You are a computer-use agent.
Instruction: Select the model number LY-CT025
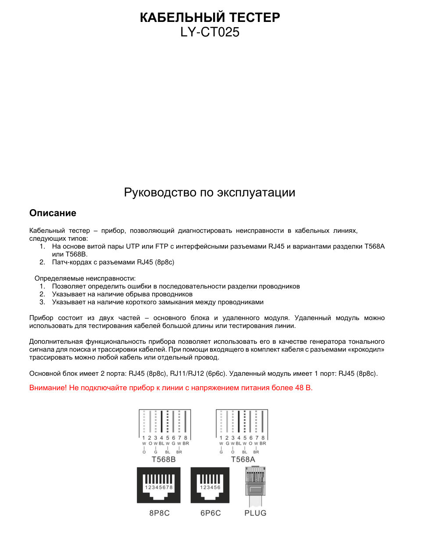(210, 32)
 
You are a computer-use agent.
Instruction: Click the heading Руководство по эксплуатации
(210, 192)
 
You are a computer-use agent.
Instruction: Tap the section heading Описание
(53, 213)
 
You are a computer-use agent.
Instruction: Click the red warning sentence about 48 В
(171, 388)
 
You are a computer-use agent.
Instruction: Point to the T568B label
(164, 459)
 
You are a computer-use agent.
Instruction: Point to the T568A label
(243, 459)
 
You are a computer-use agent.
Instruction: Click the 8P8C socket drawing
(159, 485)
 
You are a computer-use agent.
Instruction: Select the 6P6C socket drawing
(210, 485)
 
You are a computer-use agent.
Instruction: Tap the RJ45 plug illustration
(255, 486)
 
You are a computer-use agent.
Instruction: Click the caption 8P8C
(159, 513)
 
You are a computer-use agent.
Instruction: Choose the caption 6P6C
(210, 513)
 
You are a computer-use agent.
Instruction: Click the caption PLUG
(255, 513)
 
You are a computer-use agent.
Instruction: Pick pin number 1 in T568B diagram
(143, 438)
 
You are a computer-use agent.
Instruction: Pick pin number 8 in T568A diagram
(263, 438)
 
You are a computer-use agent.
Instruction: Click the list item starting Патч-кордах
(113, 262)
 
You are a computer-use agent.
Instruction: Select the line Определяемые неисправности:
(85, 278)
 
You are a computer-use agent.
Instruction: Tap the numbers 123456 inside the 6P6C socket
(210, 487)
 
